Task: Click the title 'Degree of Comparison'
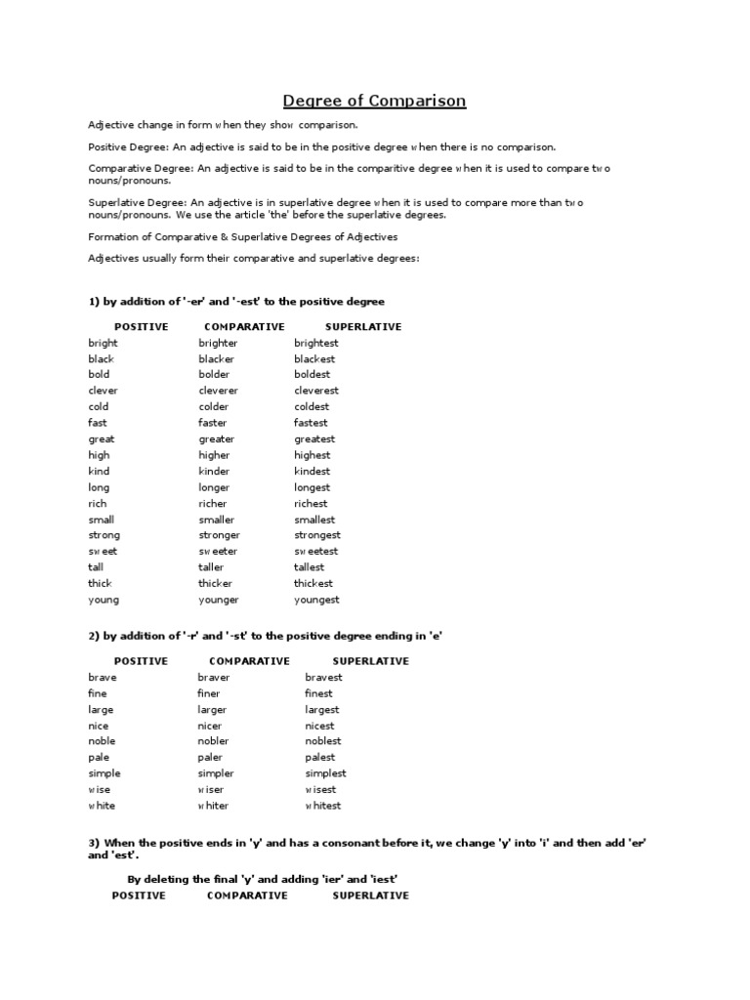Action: [374, 101]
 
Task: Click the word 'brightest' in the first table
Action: [316, 343]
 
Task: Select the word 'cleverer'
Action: [219, 391]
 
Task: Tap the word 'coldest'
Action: [312, 406]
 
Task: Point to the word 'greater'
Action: [217, 439]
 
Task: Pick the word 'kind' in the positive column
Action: [99, 471]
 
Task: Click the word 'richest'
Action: [312, 504]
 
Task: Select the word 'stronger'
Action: [220, 535]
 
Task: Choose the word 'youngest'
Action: [316, 600]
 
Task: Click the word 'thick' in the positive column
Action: [101, 583]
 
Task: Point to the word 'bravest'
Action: [324, 677]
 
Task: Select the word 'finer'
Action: [209, 693]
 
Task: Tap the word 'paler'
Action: [210, 757]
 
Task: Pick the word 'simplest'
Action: [325, 773]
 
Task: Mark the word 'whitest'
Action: [323, 806]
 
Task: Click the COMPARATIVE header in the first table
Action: [244, 326]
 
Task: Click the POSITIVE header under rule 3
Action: [139, 896]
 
